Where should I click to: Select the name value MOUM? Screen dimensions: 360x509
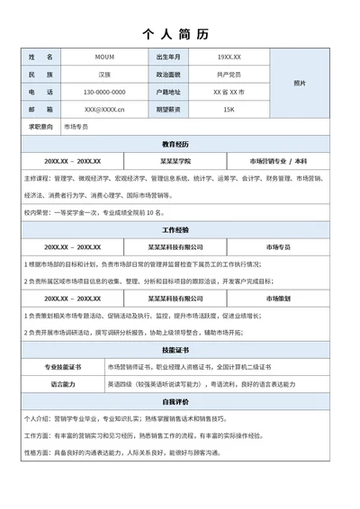pyautogui.click(x=104, y=58)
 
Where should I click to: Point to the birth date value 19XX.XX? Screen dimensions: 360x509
pyautogui.click(x=229, y=58)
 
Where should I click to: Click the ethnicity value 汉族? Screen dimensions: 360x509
pyautogui.click(x=104, y=75)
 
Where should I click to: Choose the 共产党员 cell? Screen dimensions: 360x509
pyautogui.click(x=229, y=75)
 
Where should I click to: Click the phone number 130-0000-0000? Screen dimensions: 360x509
pyautogui.click(x=104, y=92)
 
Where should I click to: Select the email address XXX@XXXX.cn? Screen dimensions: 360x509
pyautogui.click(x=104, y=110)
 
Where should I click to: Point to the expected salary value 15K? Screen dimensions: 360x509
pyautogui.click(x=229, y=110)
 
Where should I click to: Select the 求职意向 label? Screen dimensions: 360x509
pyautogui.click(x=41, y=127)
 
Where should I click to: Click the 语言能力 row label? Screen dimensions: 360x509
pyautogui.click(x=63, y=384)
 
